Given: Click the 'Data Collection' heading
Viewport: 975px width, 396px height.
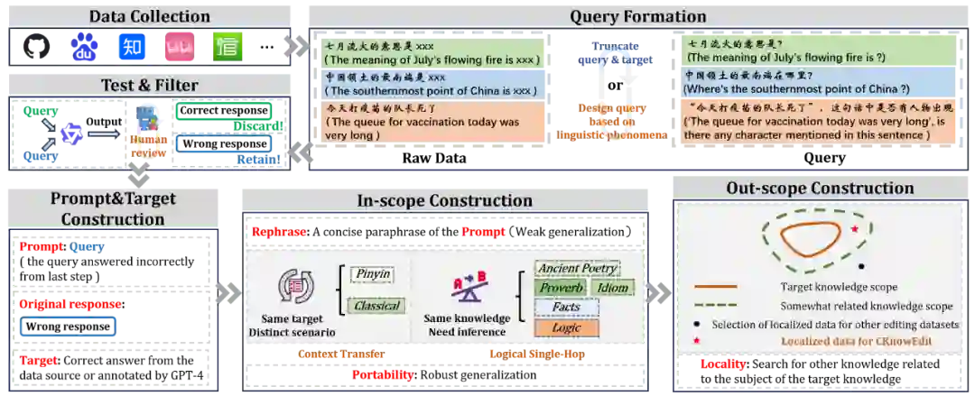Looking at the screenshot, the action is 150,16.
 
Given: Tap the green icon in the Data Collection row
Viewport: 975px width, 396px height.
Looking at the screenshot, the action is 227,46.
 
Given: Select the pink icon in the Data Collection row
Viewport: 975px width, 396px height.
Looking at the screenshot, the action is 179,46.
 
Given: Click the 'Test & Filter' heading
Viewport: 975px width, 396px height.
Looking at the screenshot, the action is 149,85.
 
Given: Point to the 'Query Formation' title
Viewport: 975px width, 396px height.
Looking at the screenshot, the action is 637,16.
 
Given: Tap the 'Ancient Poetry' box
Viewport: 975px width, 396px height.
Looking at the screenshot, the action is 576,268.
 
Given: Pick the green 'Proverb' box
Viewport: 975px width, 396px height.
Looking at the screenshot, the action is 562,288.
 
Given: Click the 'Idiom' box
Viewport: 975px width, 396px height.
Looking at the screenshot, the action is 613,288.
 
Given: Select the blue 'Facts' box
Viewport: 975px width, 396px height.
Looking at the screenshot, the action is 566,308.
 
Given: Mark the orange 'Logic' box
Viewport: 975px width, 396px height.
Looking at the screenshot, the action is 566,327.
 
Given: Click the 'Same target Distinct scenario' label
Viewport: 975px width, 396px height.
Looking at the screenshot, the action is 297,325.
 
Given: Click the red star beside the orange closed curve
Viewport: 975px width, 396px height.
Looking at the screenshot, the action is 853,230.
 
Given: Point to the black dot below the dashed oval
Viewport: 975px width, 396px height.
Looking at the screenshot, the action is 859,266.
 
